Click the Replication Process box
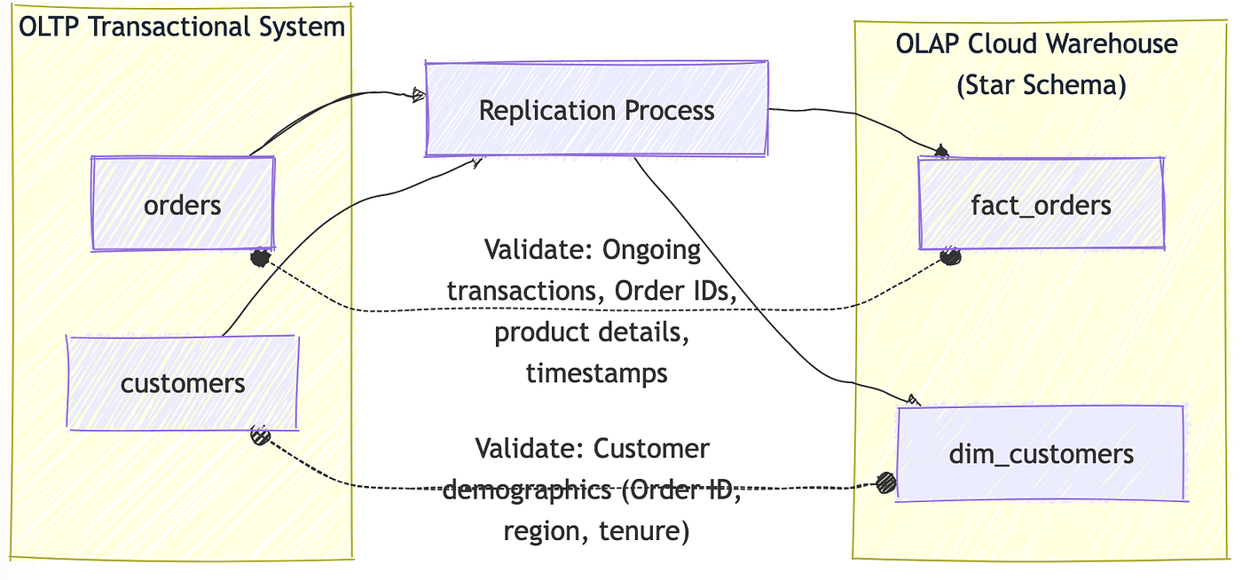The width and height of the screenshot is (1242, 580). pyautogui.click(x=596, y=110)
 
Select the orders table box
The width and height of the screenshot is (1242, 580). pyautogui.click(x=183, y=205)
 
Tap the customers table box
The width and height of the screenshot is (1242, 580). pyautogui.click(x=183, y=383)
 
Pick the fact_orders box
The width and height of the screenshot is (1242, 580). pyautogui.click(x=1041, y=206)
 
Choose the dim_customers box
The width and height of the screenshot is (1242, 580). pyautogui.click(x=1041, y=454)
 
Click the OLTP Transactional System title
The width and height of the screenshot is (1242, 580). pyautogui.click(x=182, y=26)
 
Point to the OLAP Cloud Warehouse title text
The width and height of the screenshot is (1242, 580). pyautogui.click(x=1037, y=43)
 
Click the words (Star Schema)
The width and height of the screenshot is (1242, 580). pyautogui.click(x=1041, y=85)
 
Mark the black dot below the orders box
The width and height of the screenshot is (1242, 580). pyautogui.click(x=259, y=258)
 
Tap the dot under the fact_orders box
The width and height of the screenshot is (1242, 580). pyautogui.click(x=950, y=257)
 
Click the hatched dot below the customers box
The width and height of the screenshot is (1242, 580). pyautogui.click(x=259, y=435)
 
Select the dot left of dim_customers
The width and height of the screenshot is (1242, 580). pyautogui.click(x=885, y=483)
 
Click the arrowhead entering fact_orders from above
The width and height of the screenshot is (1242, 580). pyautogui.click(x=941, y=153)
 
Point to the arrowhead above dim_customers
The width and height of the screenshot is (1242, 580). pyautogui.click(x=913, y=400)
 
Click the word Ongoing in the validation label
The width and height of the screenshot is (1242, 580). pyautogui.click(x=651, y=250)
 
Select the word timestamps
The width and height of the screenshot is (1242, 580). pyautogui.click(x=596, y=372)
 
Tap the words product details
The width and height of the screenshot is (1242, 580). pyautogui.click(x=592, y=332)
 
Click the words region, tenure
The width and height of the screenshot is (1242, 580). pyautogui.click(x=596, y=530)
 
